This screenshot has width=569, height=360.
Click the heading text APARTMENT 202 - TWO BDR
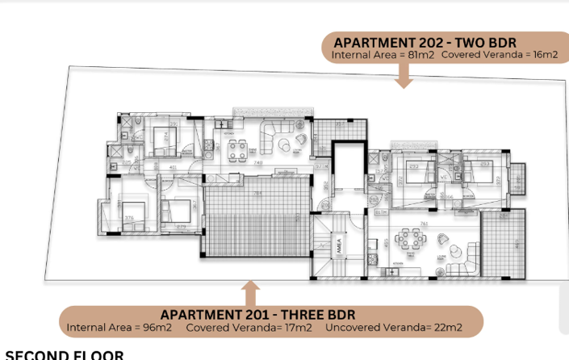(425, 42)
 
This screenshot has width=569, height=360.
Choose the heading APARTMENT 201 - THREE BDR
(257, 314)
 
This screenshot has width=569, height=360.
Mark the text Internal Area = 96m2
(121, 328)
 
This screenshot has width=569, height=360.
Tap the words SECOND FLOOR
(65, 354)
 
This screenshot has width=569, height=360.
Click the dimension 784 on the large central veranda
(257, 194)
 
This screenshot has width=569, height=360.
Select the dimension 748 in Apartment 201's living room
(257, 163)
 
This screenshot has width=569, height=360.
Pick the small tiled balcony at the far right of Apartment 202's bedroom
(517, 173)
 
